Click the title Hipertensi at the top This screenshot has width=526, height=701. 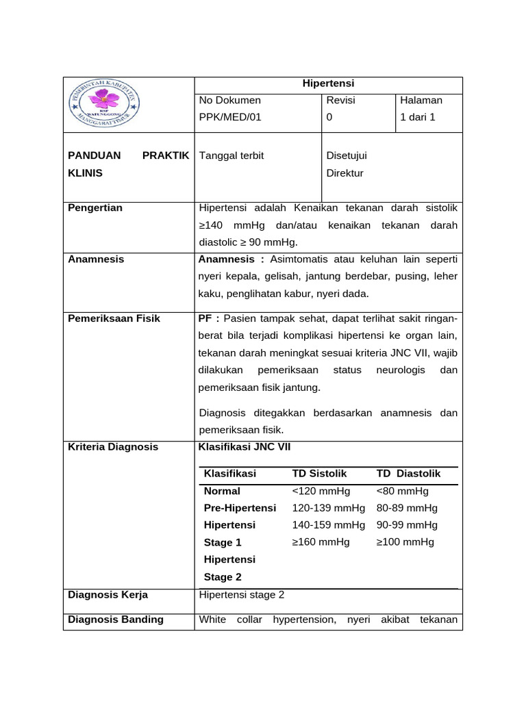328,84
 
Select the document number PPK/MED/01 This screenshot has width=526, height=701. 230,117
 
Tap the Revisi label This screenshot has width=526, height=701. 340,100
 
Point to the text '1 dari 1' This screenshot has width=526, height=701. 418,117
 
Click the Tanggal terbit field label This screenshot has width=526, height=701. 231,155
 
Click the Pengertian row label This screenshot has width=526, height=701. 95,207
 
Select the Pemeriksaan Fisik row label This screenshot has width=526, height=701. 114,318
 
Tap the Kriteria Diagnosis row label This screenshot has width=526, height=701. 113,447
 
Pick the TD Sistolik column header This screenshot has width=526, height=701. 319,474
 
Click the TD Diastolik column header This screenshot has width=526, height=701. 408,474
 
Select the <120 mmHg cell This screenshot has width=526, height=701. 321,491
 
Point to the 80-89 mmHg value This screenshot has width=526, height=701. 407,508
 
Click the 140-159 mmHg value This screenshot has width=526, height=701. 328,525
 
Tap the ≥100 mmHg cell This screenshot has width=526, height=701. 405,542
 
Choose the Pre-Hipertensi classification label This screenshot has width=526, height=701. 240,508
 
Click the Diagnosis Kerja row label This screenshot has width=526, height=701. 108,595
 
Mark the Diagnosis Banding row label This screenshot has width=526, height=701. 116,620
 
